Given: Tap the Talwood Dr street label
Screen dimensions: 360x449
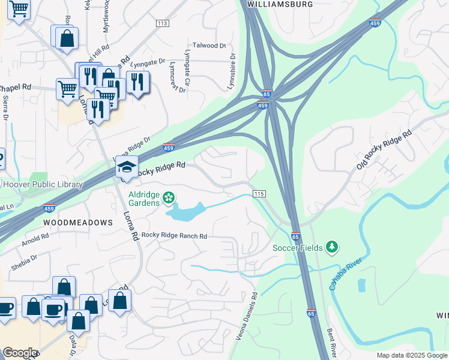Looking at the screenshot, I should click(209, 46).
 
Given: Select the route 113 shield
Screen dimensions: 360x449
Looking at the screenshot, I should click(162, 23).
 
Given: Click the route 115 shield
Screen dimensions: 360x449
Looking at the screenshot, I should click(259, 193).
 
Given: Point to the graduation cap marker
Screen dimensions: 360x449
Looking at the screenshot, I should click(127, 167).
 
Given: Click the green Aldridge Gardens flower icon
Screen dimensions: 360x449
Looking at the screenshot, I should click(169, 197).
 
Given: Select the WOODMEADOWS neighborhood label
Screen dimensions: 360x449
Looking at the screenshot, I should click(78, 223).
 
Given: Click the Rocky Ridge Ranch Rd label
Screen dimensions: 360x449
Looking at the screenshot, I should click(174, 236).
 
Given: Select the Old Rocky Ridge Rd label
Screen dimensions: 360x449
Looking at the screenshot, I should click(384, 148).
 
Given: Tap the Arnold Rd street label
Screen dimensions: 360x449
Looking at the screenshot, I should click(35, 241).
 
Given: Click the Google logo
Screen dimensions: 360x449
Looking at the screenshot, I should click(20, 353).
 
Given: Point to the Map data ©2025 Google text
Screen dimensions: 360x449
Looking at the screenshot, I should click(411, 355).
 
